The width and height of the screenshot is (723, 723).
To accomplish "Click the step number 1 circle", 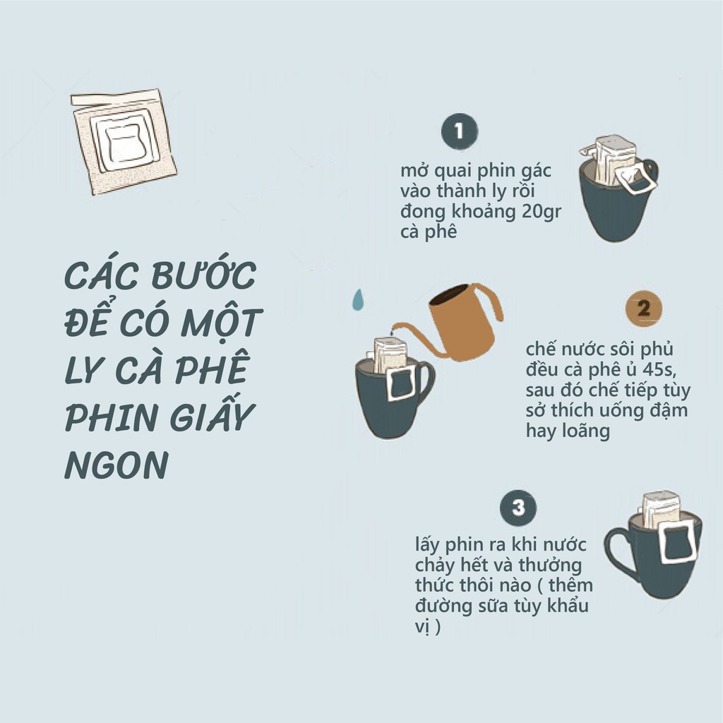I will click(x=459, y=132).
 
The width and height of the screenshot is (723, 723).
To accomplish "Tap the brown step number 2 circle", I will click(x=643, y=309).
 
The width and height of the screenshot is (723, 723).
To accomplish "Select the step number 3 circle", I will click(x=518, y=508).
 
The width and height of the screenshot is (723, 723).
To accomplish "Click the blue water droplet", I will click(x=359, y=299).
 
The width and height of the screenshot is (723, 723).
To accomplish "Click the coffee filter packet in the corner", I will click(x=124, y=141).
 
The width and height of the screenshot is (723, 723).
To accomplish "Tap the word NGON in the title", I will click(x=116, y=465).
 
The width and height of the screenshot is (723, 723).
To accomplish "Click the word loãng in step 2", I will click(x=588, y=431).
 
